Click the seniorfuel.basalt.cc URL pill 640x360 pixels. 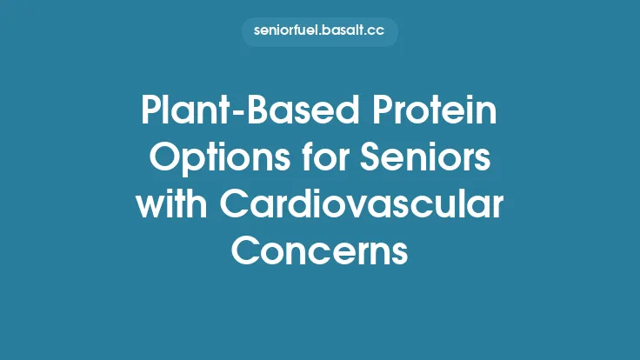(320, 31)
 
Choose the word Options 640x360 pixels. (206, 161)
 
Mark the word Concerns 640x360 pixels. (320, 252)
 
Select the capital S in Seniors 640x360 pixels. (370, 161)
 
